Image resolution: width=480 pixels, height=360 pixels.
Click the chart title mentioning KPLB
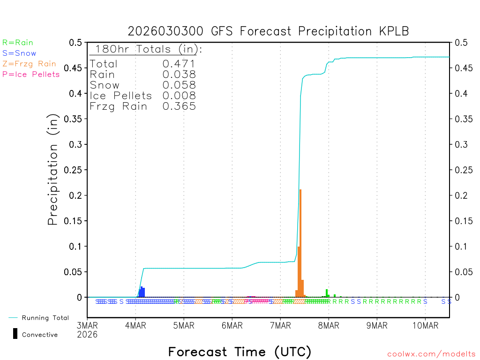coord(268,31)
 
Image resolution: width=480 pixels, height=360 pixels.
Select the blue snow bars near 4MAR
coord(142,292)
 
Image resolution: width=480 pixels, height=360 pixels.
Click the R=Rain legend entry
coord(18,43)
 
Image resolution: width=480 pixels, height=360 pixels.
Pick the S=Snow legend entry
coord(19,53)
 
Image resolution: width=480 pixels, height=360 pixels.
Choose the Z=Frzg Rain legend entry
coord(29,64)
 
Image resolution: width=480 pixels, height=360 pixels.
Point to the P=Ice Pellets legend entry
coord(31,74)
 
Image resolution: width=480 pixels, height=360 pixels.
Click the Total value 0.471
coord(179,64)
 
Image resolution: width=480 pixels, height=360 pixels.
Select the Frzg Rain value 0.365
coord(179,106)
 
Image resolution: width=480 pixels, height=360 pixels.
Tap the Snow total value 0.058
coord(179,85)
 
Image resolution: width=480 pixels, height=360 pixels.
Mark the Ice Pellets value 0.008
coord(179,96)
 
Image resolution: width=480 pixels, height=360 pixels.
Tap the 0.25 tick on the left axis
coord(75,170)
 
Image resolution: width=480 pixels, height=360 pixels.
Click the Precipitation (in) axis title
coord(53,170)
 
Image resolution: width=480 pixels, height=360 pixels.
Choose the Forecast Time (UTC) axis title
coord(240,352)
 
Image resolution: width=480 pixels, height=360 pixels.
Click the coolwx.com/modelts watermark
coord(431,354)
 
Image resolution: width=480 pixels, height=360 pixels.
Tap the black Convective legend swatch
coord(15,334)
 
